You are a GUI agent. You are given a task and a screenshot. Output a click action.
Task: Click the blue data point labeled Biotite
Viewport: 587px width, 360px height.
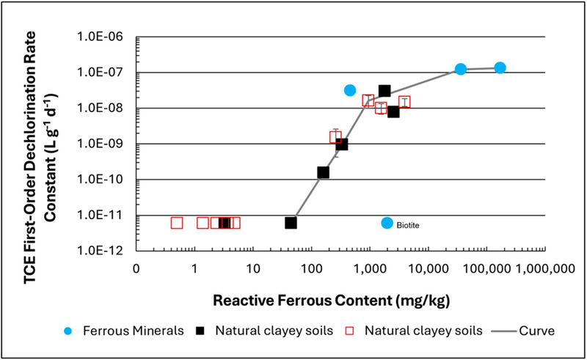point(387,223)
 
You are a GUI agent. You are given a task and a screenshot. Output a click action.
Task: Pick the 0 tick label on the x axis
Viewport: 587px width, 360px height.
point(136,268)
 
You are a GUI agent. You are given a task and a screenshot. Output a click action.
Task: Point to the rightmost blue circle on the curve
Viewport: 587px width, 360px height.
point(500,67)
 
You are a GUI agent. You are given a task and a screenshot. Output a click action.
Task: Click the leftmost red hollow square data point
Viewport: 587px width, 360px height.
point(177,223)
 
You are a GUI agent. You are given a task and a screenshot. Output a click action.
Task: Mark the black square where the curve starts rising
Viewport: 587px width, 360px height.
point(291,223)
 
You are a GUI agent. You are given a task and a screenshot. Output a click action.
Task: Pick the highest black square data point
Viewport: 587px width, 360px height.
point(384,91)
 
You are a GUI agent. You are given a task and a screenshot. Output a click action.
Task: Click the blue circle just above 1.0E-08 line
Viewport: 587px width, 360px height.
point(350,90)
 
